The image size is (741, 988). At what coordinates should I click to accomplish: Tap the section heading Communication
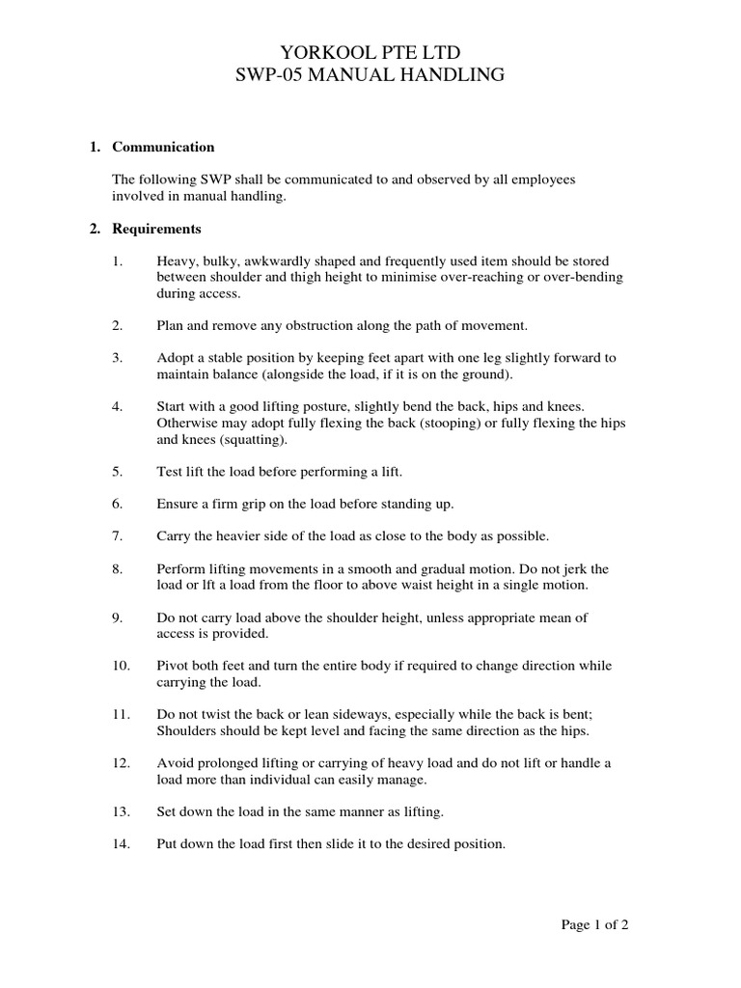click(x=163, y=148)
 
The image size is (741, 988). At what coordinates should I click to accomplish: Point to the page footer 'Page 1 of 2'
click(x=595, y=924)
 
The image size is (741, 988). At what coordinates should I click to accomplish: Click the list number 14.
click(x=120, y=843)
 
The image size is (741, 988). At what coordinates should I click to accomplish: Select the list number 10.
click(x=120, y=666)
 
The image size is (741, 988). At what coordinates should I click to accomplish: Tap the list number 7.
click(x=117, y=535)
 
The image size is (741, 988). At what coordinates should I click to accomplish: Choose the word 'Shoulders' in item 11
click(x=186, y=730)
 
